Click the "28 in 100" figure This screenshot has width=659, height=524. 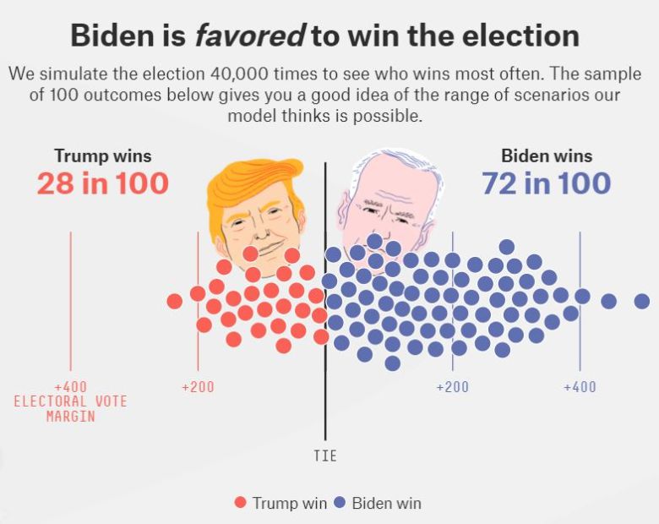tap(102, 183)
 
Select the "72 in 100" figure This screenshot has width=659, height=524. tap(546, 183)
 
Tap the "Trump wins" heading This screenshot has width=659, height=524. tap(103, 156)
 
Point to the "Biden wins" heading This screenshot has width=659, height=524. tap(547, 156)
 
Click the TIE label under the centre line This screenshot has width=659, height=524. tap(325, 456)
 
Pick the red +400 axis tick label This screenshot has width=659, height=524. tap(70, 387)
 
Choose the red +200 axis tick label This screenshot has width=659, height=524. tap(198, 387)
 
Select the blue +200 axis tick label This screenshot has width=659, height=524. tap(452, 387)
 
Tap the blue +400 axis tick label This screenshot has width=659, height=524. tap(580, 387)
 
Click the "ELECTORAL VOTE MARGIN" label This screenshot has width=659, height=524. tap(70, 409)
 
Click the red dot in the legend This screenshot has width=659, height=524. tap(241, 503)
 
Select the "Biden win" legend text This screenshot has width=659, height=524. tap(386, 503)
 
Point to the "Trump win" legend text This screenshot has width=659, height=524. tap(289, 503)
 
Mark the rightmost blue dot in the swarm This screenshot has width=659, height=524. tap(642, 301)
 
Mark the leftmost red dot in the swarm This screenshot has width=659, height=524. tap(175, 301)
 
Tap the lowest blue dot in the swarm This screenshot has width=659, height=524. tap(392, 363)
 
